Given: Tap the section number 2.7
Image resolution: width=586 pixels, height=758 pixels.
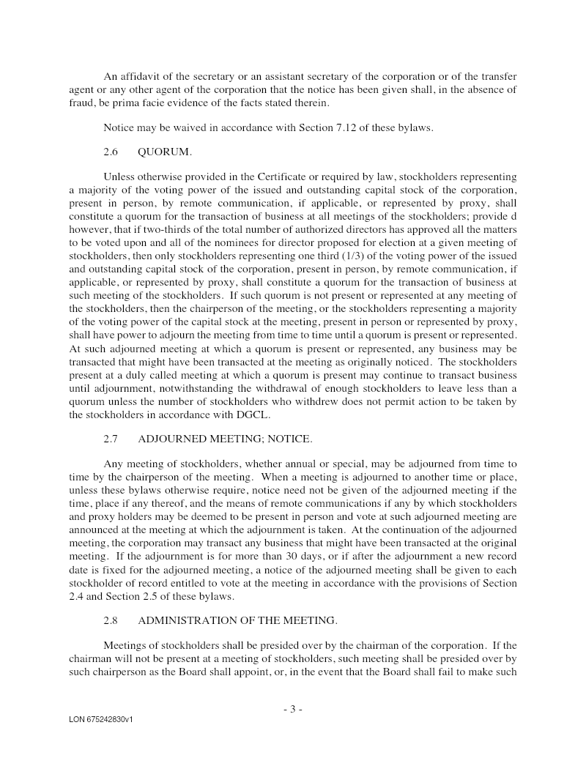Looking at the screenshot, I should (x=111, y=439).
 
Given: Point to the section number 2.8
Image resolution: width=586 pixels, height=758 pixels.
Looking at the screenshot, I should (x=111, y=620).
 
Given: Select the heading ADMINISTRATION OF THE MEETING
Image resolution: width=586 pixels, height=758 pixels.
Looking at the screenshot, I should (x=237, y=620).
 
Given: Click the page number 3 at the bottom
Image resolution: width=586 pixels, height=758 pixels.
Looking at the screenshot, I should (x=292, y=708).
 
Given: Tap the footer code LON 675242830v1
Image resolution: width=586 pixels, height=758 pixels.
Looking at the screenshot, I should (x=101, y=720).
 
